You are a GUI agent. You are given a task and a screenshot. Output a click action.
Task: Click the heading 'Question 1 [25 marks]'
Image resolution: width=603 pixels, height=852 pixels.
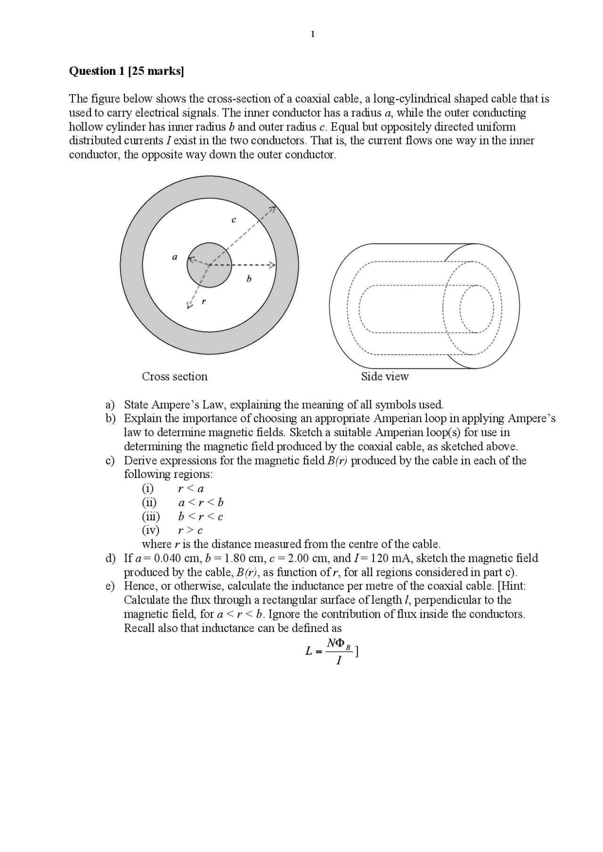tap(126, 71)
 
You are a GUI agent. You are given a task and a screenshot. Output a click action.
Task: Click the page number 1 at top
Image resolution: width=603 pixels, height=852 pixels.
tap(312, 34)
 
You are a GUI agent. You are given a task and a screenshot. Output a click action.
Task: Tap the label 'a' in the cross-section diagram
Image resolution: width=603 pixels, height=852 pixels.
tap(175, 257)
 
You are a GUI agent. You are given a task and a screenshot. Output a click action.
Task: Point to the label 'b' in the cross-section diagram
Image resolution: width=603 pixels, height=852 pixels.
tap(249, 279)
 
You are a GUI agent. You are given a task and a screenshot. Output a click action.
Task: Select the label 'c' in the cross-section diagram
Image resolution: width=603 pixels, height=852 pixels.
tap(234, 220)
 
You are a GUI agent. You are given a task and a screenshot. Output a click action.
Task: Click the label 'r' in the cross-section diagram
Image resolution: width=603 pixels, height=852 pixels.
tap(204, 301)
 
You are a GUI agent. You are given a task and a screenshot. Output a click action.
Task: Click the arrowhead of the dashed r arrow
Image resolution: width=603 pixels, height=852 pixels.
tap(189, 306)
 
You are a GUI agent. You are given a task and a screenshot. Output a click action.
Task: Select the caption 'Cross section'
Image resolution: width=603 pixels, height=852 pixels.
tap(174, 376)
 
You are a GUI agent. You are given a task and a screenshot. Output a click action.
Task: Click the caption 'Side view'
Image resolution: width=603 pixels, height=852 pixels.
tap(384, 376)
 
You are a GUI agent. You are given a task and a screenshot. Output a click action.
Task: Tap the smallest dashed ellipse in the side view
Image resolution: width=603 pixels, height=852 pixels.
tap(477, 309)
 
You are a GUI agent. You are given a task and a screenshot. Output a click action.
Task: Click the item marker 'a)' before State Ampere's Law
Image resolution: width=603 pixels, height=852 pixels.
tap(110, 405)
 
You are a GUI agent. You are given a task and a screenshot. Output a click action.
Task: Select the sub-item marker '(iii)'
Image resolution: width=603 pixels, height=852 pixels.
tap(151, 517)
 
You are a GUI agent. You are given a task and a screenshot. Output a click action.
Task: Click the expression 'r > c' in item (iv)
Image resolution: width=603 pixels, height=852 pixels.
tap(190, 530)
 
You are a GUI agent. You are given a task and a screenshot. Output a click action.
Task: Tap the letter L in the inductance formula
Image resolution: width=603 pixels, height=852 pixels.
tap(309, 652)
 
